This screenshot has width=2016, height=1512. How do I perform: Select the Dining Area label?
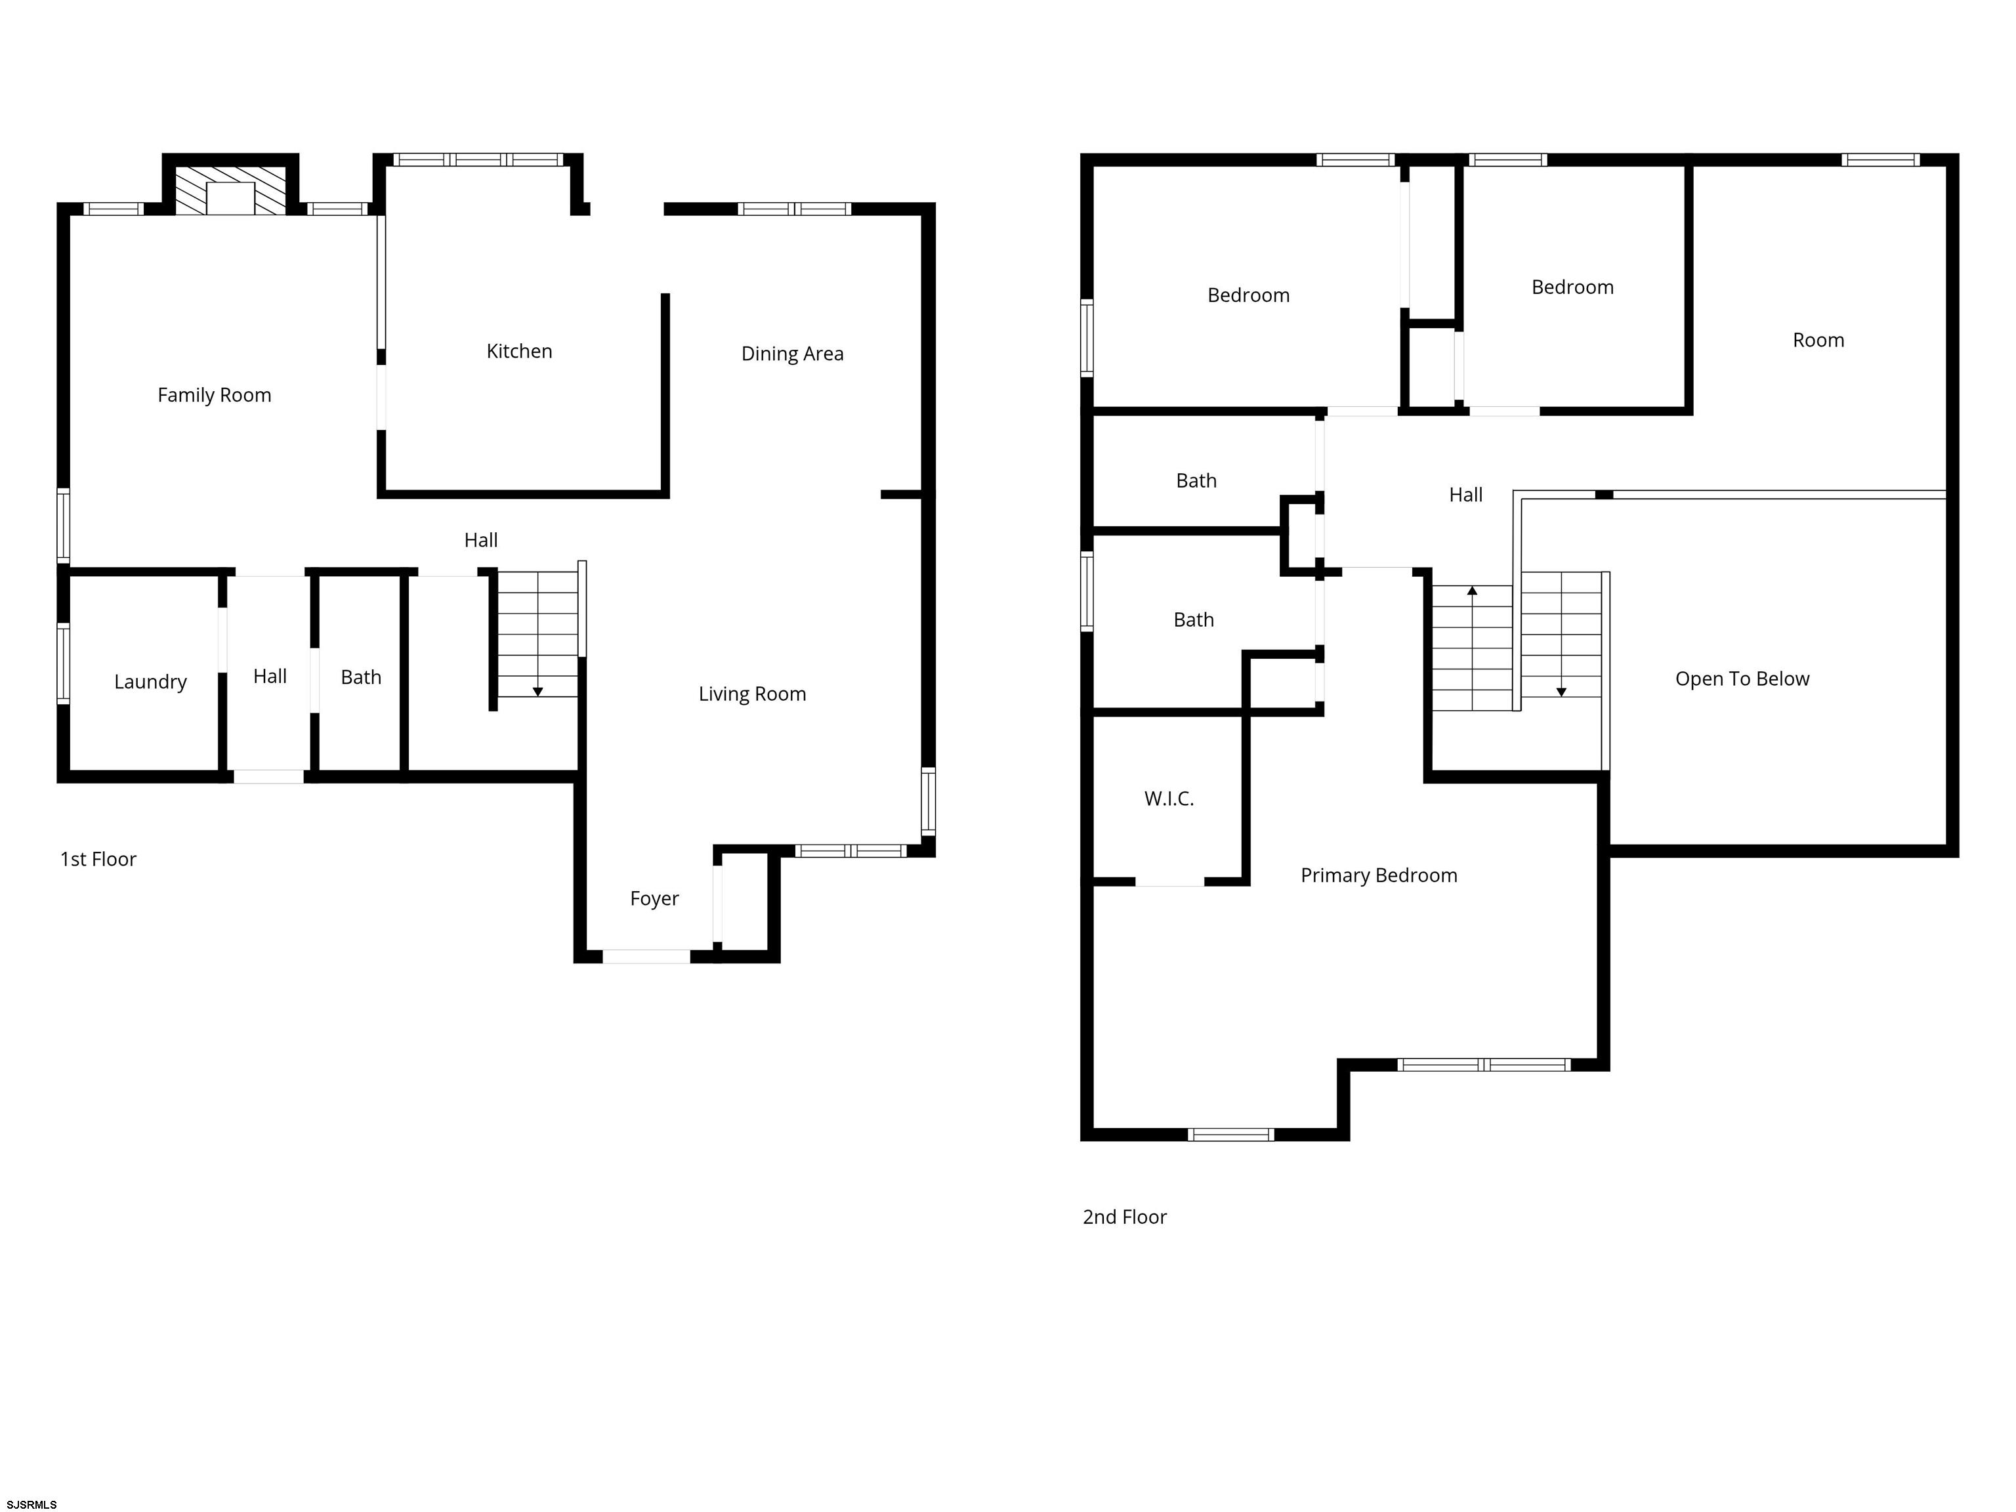[792, 354]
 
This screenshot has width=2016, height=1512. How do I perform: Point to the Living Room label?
[752, 694]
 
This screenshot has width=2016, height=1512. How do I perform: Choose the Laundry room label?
[150, 682]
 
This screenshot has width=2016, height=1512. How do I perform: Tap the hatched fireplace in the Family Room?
[230, 190]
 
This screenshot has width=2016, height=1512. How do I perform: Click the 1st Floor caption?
[98, 860]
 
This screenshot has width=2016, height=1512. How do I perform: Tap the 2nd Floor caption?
[1125, 1217]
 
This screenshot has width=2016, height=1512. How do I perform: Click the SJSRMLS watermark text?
[32, 1505]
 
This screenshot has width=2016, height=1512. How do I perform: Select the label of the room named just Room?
[1818, 341]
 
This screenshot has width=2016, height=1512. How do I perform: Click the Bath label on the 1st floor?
[361, 678]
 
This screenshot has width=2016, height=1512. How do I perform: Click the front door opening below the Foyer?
[646, 957]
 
